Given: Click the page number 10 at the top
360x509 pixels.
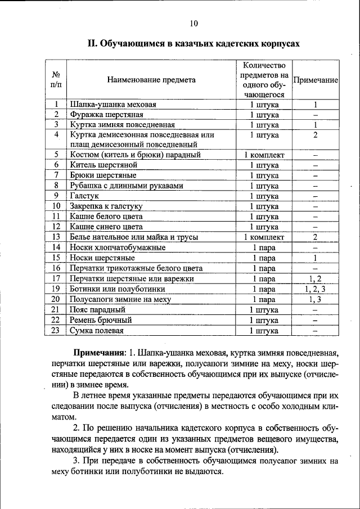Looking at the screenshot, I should pyautogui.click(x=193, y=23).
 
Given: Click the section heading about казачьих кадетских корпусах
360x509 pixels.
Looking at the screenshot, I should pyautogui.click(x=193, y=43).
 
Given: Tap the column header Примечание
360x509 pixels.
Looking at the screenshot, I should pyautogui.click(x=316, y=80).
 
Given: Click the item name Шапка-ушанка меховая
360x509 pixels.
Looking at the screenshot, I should pyautogui.click(x=112, y=105).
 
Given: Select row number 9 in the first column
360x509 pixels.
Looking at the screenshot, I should pyautogui.click(x=56, y=196).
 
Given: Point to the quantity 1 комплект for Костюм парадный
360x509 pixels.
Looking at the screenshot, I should pyautogui.click(x=264, y=155).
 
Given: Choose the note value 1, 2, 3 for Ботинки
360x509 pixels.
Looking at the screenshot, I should pyautogui.click(x=316, y=289).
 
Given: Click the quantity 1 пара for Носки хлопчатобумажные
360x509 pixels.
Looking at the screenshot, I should pyautogui.click(x=264, y=247).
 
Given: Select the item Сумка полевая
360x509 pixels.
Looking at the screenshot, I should pyautogui.click(x=96, y=331).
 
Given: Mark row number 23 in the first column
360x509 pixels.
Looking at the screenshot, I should pyautogui.click(x=56, y=331).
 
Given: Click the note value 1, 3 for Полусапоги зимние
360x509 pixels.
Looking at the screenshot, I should pyautogui.click(x=316, y=299).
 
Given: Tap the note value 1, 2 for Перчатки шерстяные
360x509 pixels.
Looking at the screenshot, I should pyautogui.click(x=316, y=278).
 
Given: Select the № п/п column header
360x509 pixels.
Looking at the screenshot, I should pyautogui.click(x=56, y=80).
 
